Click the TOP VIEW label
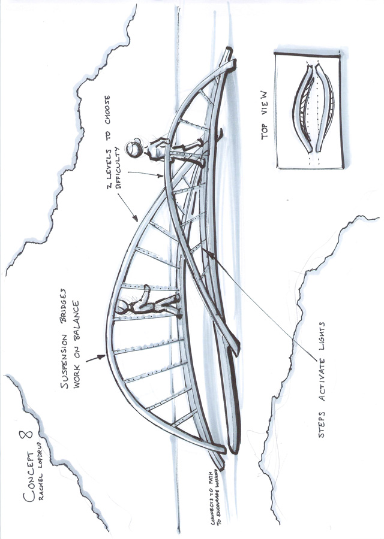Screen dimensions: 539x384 [x=265, y=123]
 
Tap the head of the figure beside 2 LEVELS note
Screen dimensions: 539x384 [x=136, y=147]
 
